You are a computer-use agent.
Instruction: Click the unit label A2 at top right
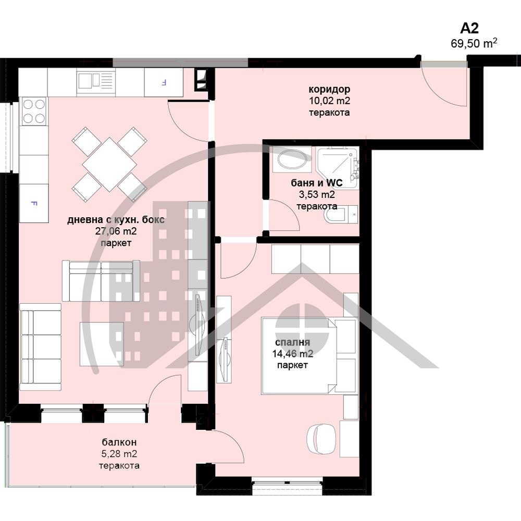point(469,28)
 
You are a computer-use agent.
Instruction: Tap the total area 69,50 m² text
point(474,43)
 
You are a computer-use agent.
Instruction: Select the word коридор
point(329,90)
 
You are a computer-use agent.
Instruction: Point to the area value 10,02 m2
point(329,101)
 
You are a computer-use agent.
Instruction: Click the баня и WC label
point(316,183)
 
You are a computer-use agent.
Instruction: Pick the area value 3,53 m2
point(316,194)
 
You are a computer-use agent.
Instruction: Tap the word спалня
point(292,342)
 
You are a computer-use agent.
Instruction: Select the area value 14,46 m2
point(292,354)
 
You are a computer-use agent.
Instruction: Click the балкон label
point(119,442)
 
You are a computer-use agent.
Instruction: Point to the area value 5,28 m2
point(119,454)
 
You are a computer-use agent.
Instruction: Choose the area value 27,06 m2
point(116,231)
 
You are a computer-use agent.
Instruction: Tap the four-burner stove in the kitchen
point(33,111)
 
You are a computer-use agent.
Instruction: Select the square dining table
point(109,165)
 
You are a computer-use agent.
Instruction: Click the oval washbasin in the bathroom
point(292,159)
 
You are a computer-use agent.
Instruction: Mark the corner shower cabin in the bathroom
point(337,168)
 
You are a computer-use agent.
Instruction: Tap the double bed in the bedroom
point(308,355)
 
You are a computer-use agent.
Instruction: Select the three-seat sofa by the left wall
point(41,347)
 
